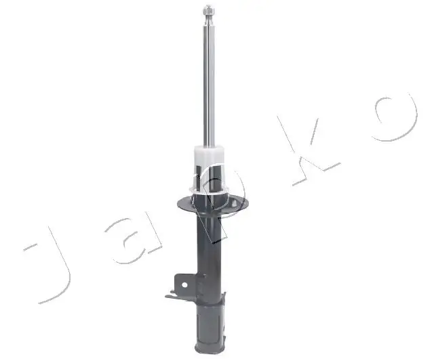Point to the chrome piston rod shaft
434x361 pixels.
point(209,81)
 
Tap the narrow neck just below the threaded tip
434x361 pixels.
point(209,22)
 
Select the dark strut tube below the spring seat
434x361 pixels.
point(208,244)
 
